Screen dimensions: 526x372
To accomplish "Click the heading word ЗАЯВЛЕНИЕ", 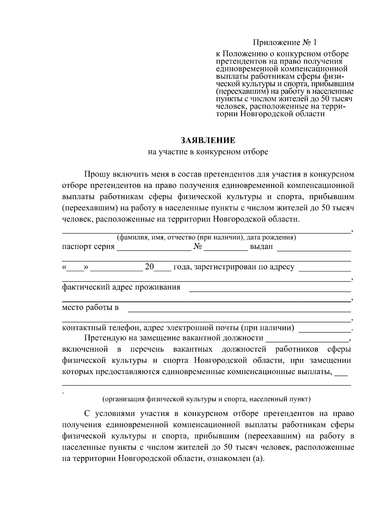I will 208,141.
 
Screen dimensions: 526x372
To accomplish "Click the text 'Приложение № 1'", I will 286,42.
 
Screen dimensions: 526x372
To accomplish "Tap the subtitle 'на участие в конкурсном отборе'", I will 208,152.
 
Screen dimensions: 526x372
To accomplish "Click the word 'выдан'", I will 261,247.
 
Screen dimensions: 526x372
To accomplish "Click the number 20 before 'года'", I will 149,267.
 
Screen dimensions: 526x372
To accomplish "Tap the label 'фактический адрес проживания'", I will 121,287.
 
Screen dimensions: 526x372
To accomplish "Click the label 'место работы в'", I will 90,308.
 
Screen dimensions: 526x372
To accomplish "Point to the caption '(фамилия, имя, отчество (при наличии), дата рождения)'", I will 206,238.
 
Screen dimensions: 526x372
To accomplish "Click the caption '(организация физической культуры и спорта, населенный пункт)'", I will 206,399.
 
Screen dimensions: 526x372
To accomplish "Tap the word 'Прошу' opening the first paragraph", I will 95,175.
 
